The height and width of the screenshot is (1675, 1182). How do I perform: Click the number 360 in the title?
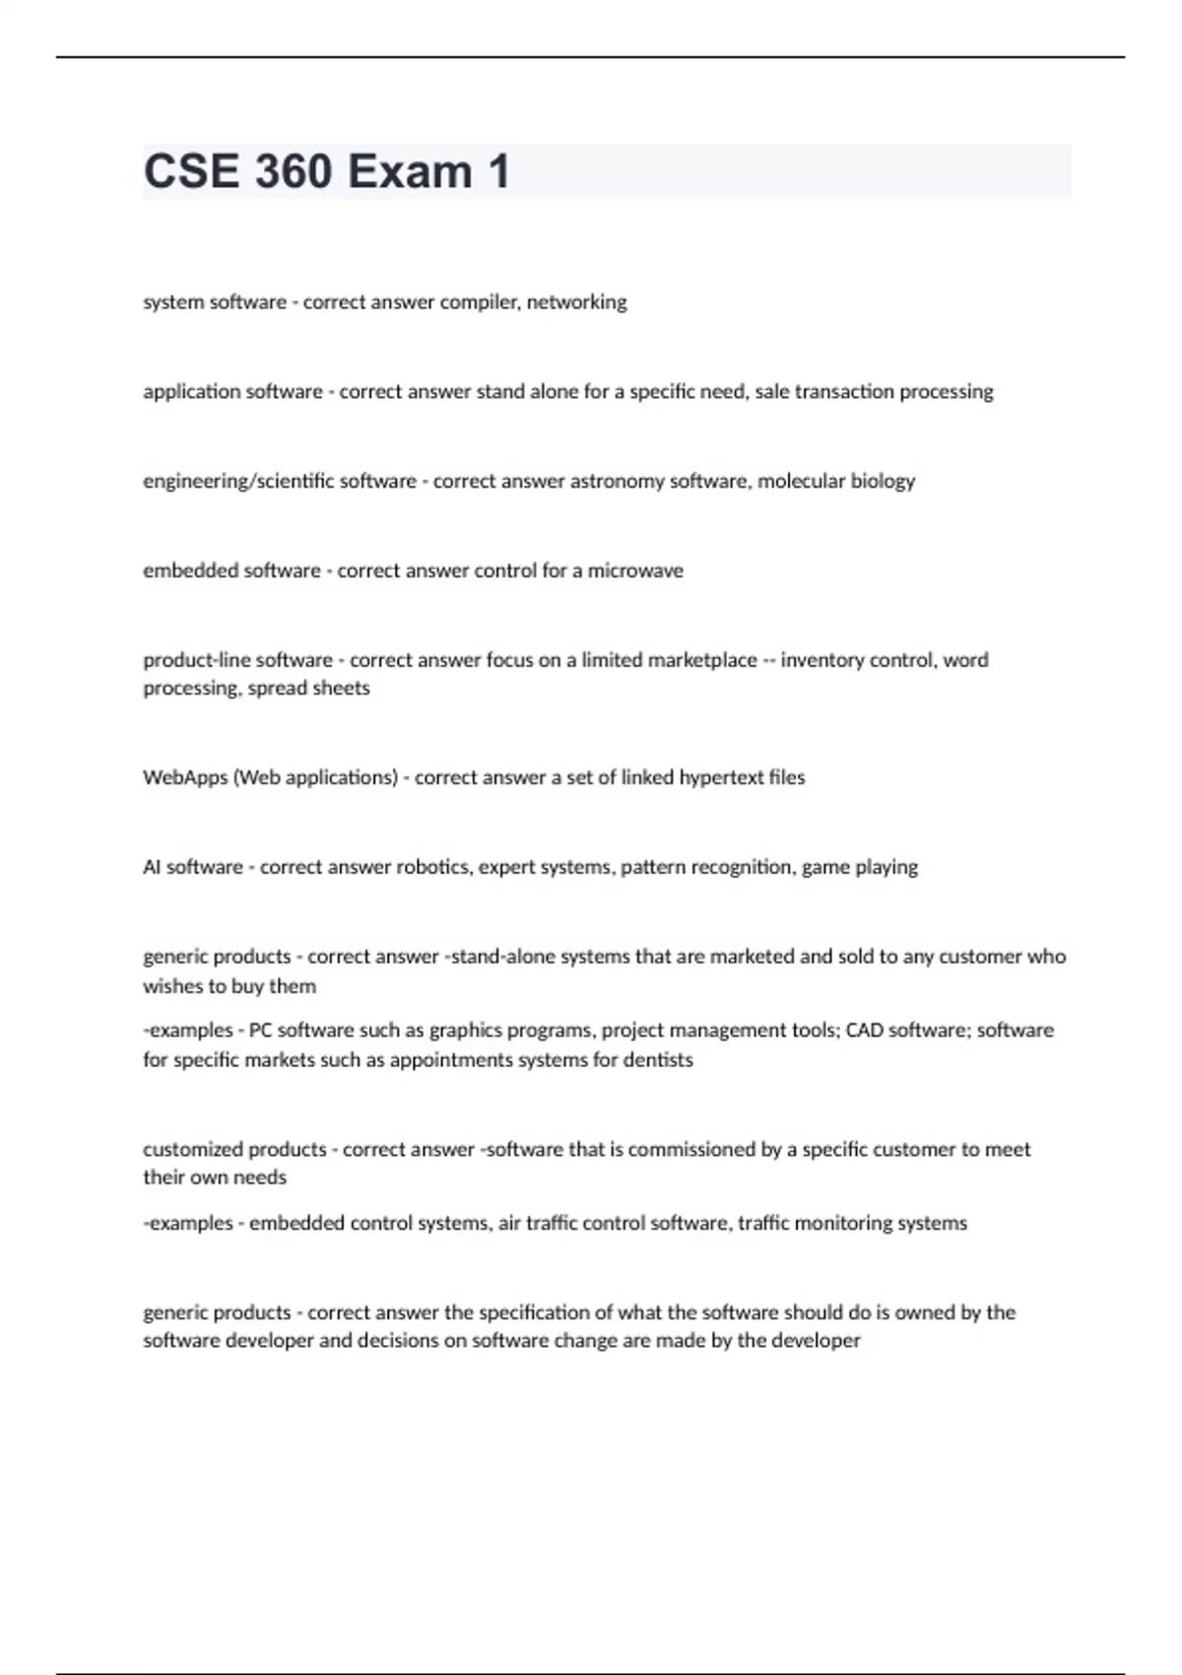[294, 171]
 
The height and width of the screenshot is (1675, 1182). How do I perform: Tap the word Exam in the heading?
[410, 171]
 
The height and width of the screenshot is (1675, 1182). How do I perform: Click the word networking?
[576, 302]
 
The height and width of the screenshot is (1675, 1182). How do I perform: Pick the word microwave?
[635, 571]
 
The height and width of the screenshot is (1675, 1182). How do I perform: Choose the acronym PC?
[260, 1031]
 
